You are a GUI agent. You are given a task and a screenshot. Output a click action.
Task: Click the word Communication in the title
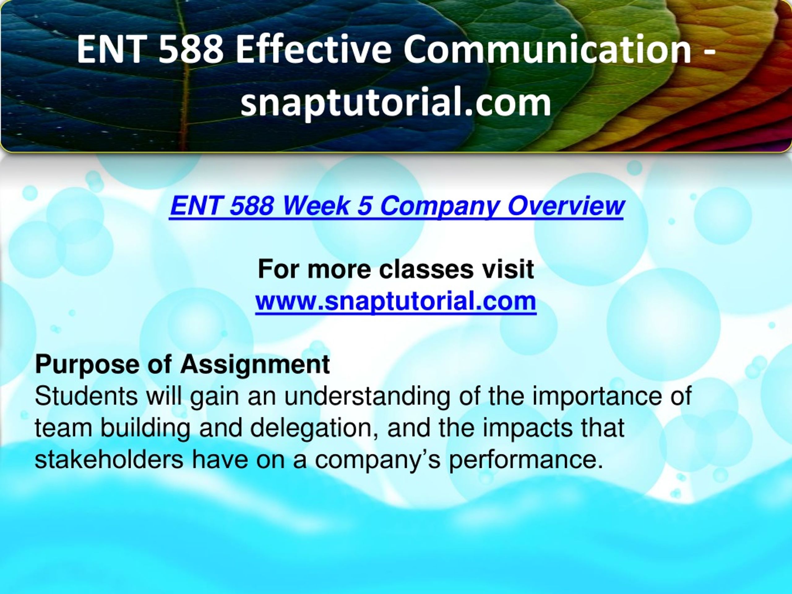547,49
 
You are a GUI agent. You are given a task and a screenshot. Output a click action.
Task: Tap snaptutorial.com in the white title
396,103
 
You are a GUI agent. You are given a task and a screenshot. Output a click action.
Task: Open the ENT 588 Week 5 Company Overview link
397,207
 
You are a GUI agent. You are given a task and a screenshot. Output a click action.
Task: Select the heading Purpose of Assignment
182,365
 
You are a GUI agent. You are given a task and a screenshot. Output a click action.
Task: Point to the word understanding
367,398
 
